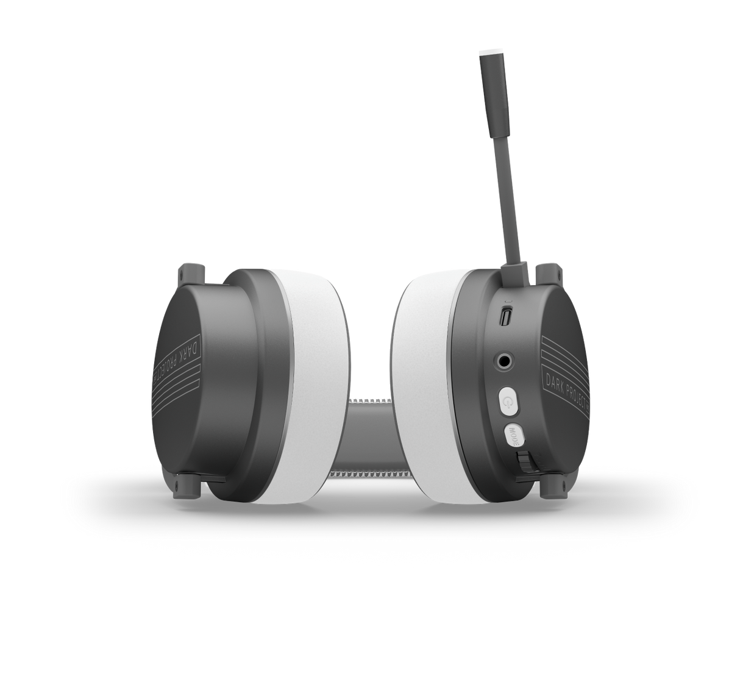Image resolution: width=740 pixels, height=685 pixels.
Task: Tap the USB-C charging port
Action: point(505,317)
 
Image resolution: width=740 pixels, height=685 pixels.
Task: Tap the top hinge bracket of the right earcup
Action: point(546,272)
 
